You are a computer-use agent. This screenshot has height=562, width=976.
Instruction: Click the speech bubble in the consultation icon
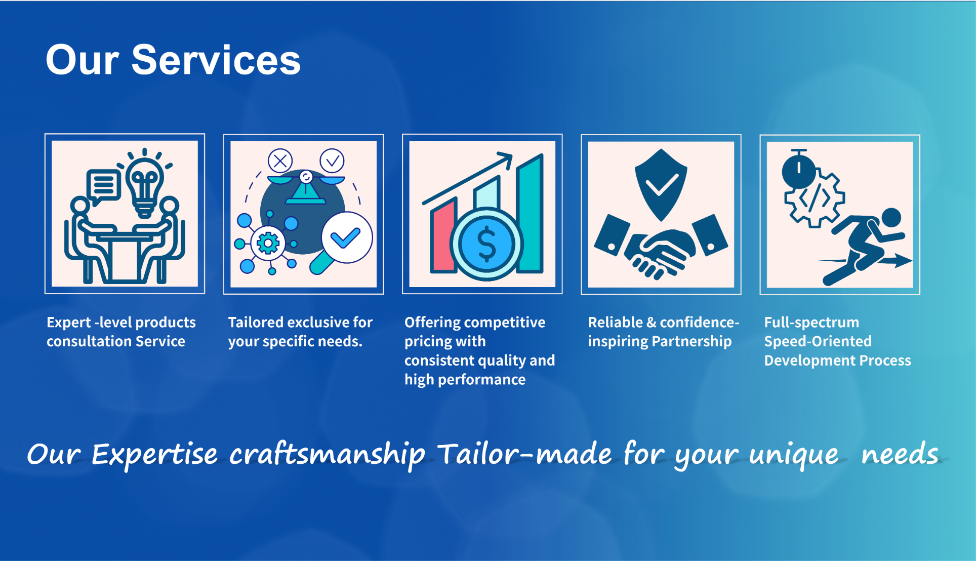104,185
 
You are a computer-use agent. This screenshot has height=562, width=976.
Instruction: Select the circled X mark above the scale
280,161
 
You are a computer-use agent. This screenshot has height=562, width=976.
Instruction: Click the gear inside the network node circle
268,244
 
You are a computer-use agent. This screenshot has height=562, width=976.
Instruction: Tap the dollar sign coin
486,244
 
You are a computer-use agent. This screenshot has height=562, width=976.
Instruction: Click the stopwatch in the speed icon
798,170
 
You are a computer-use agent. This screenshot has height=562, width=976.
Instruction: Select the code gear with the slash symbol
815,199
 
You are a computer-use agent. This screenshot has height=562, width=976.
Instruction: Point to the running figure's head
891,218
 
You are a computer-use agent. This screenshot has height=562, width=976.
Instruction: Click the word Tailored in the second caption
255,323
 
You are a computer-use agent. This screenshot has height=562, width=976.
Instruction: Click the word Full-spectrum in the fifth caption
811,323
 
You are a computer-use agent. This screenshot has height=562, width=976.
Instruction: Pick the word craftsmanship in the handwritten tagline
327,454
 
